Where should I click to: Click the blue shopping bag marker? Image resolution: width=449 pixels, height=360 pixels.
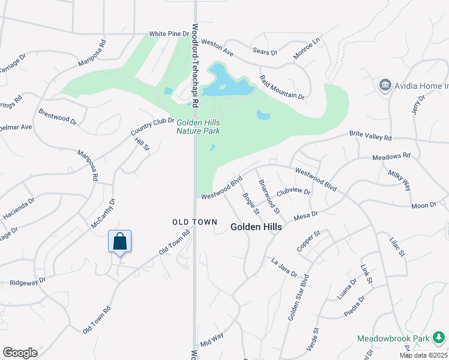[119, 241]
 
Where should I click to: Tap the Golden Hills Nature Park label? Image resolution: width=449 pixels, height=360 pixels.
[198, 127]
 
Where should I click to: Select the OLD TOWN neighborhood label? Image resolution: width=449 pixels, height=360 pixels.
[194, 222]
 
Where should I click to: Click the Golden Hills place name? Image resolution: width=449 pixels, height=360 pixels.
[256, 227]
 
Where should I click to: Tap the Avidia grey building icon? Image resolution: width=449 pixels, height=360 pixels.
[385, 86]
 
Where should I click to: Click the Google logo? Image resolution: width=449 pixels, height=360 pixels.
[20, 353]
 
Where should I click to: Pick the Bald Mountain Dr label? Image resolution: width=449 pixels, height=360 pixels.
[282, 88]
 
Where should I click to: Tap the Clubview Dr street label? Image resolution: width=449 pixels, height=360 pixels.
[294, 192]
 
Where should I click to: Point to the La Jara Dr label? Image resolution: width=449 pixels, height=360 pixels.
[284, 267]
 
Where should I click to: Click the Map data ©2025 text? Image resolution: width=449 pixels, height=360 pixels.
[424, 355]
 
